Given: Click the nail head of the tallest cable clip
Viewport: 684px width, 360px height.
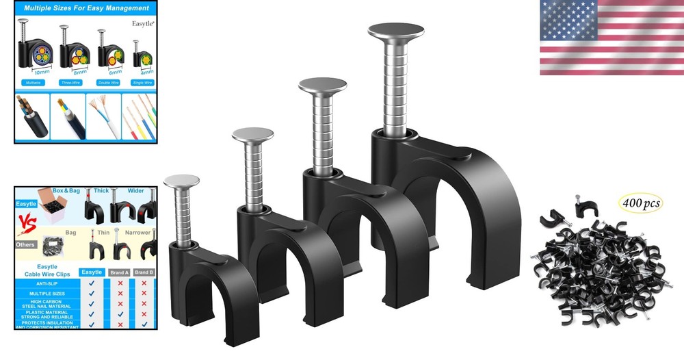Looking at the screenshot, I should (396, 31).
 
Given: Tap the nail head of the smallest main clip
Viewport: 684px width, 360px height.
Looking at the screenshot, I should (181, 181).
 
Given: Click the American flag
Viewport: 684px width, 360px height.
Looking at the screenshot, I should (611, 38).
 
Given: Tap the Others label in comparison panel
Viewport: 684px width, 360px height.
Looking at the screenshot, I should (26, 244).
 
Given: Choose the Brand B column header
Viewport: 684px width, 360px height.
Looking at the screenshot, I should (144, 272).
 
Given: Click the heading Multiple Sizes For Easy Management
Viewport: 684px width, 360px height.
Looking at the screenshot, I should (86, 8).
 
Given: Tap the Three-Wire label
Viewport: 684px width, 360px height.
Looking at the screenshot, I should (70, 82).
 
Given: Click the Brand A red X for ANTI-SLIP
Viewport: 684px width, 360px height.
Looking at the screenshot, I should (120, 283).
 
